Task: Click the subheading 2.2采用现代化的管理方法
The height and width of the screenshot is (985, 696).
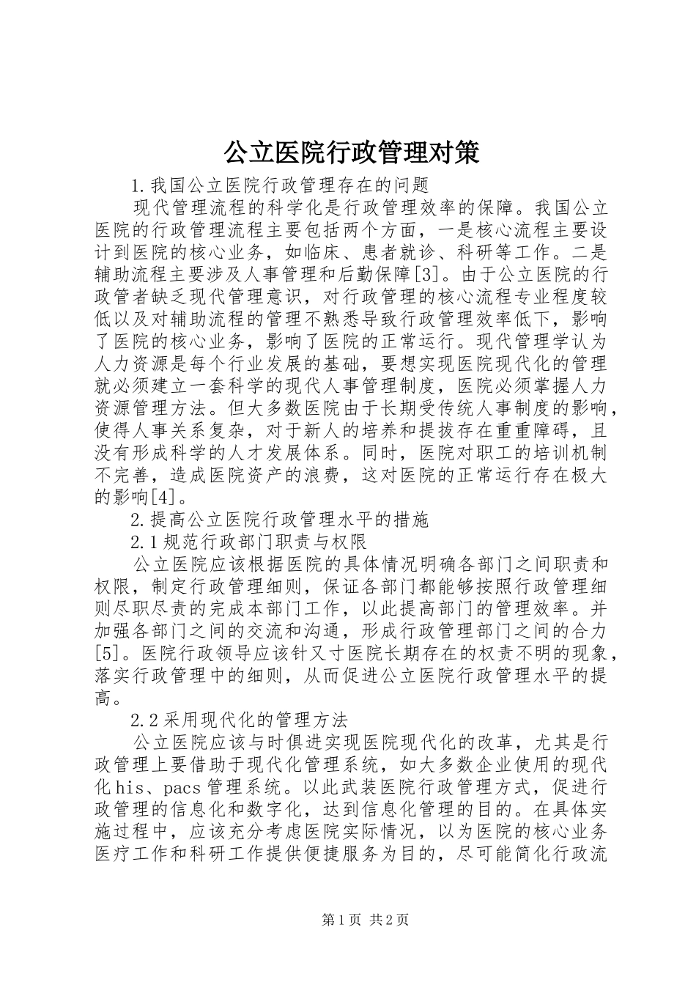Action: (238, 718)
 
